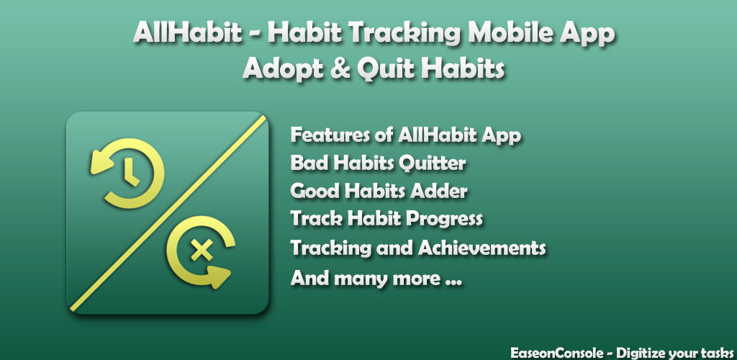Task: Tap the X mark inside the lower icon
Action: click(202, 250)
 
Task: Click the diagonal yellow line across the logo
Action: click(168, 213)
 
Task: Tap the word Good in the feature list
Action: click(313, 192)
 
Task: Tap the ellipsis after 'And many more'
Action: click(452, 283)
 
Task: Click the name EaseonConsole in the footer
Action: click(556, 353)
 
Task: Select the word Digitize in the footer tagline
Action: click(639, 353)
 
